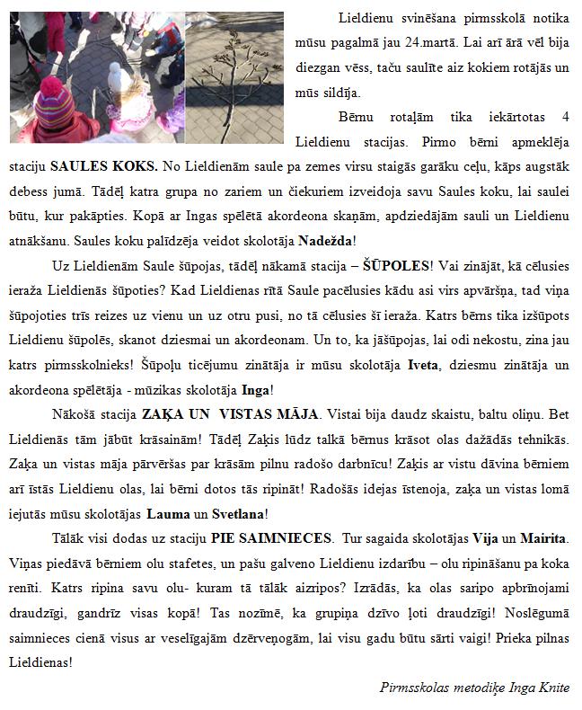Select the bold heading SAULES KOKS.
click(104, 166)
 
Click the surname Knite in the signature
click(551, 688)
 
